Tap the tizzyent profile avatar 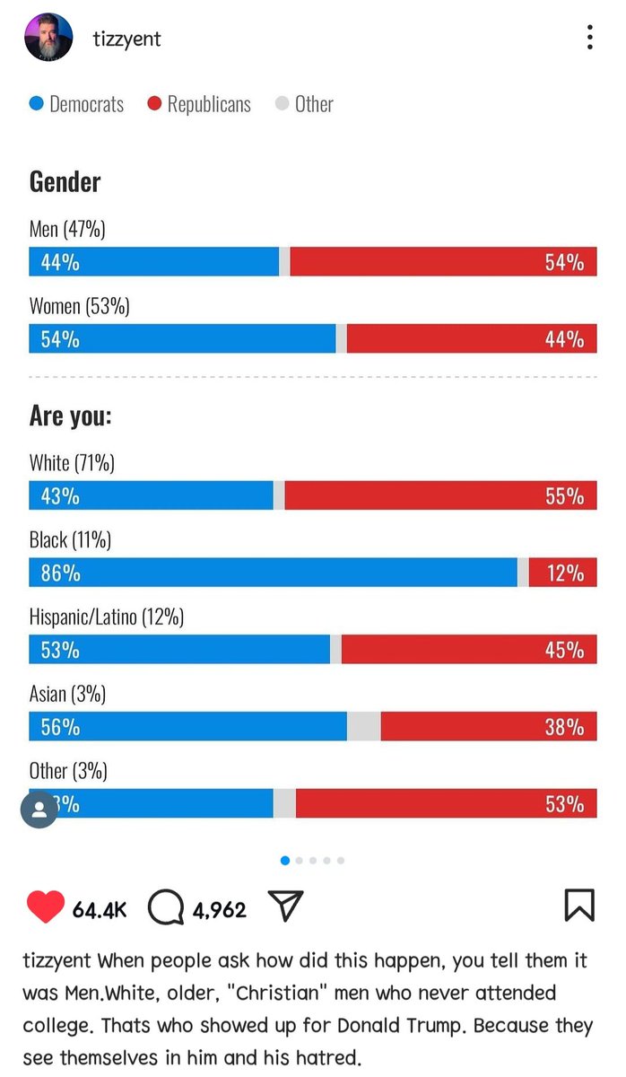pos(48,37)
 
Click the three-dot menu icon pos(590,37)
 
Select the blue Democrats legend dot pos(37,103)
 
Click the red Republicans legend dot pos(154,103)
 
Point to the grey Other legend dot pos(282,103)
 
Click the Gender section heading pos(65,182)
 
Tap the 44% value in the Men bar pos(60,262)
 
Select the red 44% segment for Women pos(472,338)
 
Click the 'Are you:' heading pos(70,416)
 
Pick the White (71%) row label pos(72,463)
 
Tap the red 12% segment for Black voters pos(562,573)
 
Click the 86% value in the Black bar pos(60,573)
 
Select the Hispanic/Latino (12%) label pos(107,617)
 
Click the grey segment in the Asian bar pos(364,726)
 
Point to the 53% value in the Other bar pos(564,804)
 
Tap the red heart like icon pos(46,906)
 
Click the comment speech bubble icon pos(166,906)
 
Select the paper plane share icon pos(285,906)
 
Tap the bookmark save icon pos(579,905)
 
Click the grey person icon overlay pos(39,810)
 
